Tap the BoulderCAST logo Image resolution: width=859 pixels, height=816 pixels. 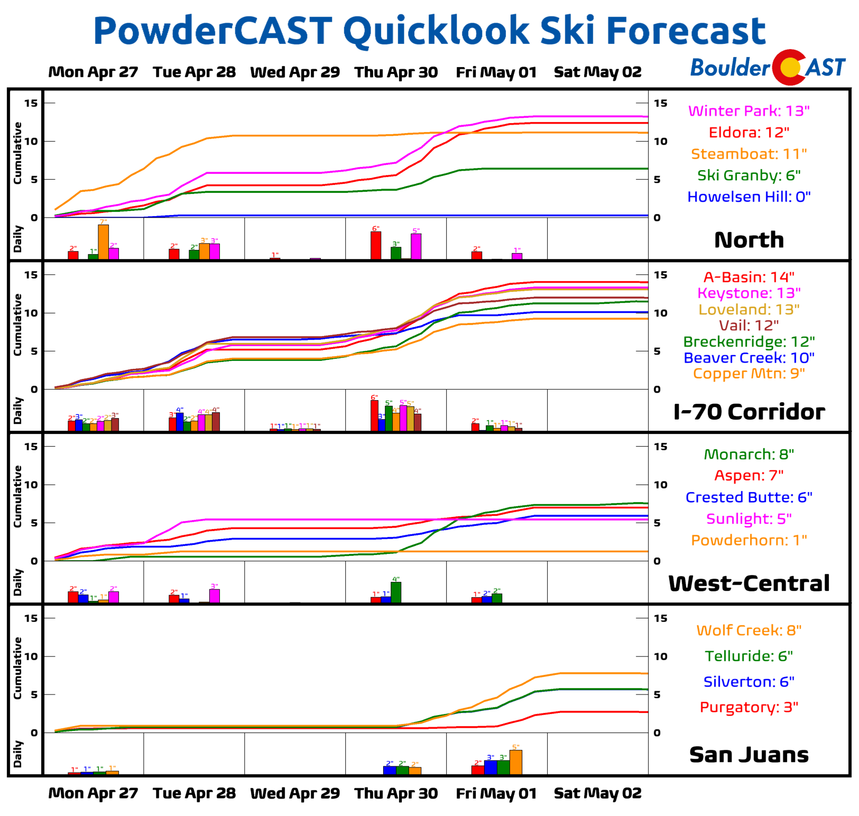pos(768,68)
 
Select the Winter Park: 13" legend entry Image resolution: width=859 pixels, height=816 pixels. pos(749,111)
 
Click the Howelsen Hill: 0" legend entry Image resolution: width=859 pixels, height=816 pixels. pos(749,197)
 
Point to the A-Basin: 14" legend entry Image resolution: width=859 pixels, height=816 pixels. pos(749,277)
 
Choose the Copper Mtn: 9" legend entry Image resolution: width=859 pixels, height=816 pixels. pos(749,374)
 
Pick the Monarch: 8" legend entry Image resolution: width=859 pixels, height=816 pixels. pos(749,455)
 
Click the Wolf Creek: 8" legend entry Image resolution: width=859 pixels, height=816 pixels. pos(749,630)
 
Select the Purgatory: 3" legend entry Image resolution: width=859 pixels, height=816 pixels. pos(749,707)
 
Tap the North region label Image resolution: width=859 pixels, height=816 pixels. pos(749,240)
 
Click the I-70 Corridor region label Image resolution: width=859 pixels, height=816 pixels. pos(749,412)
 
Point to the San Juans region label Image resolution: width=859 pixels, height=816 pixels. pos(749,755)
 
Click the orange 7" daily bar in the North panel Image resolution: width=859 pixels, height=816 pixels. pos(104,242)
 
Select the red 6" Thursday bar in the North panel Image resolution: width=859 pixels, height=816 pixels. pos(376,246)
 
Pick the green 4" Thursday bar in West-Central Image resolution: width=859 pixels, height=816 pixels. pos(396,592)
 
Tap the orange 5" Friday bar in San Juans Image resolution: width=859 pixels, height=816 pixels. pos(516,762)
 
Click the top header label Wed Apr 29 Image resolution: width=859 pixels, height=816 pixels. pos(295,72)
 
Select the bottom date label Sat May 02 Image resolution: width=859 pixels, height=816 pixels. pos(597,793)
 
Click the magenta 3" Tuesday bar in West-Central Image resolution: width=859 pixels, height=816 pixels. pos(214,596)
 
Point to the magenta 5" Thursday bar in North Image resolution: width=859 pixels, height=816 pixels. pos(416,246)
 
